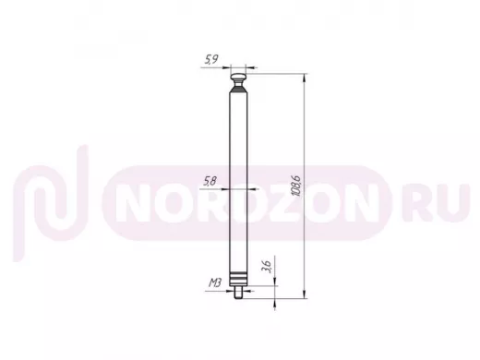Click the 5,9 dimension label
pos(211,59)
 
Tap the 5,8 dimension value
pos(210,182)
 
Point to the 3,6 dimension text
pos(266,267)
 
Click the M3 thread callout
pos(215,282)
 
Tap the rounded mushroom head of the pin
pos(238,77)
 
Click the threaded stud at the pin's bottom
pos(238,293)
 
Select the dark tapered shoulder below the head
pos(238,90)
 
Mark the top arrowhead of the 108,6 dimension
pos(305,78)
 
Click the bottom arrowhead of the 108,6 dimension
pos(305,294)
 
